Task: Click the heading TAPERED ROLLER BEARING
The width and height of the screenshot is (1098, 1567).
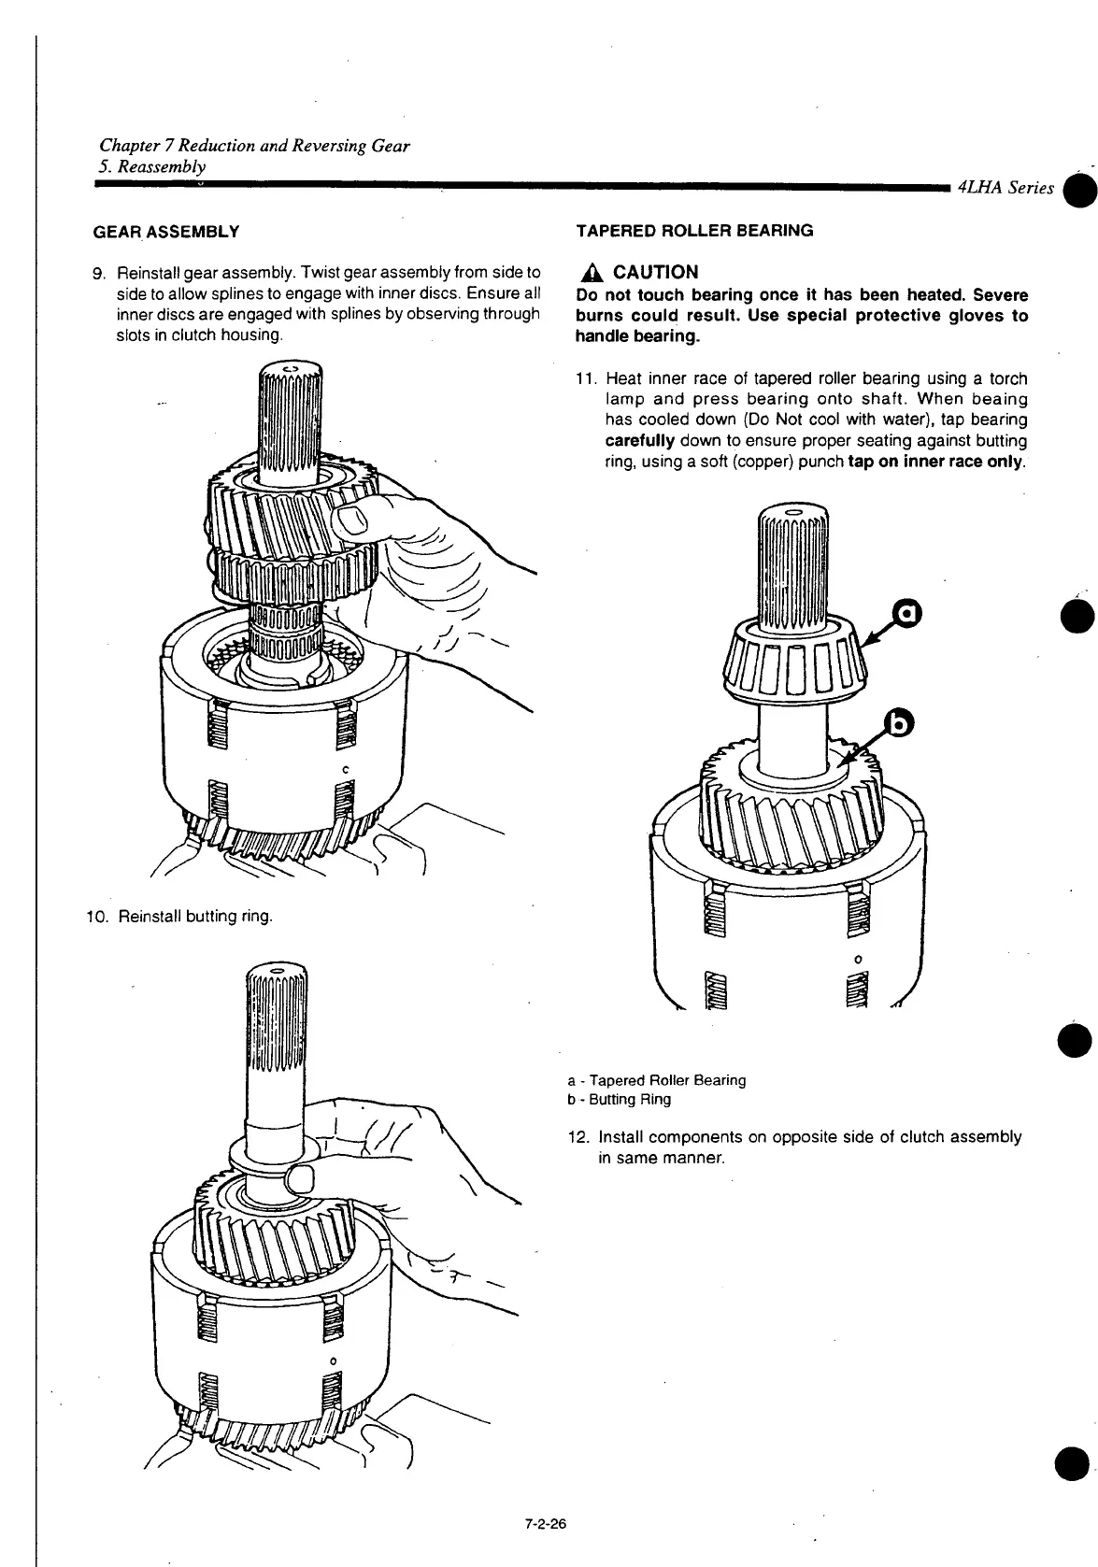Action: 694,230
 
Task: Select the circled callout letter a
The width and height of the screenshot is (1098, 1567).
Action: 906,613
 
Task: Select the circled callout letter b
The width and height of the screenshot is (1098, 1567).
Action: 900,722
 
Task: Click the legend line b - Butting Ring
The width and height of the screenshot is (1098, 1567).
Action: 619,1099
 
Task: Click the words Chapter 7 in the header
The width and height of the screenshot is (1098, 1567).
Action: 136,146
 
